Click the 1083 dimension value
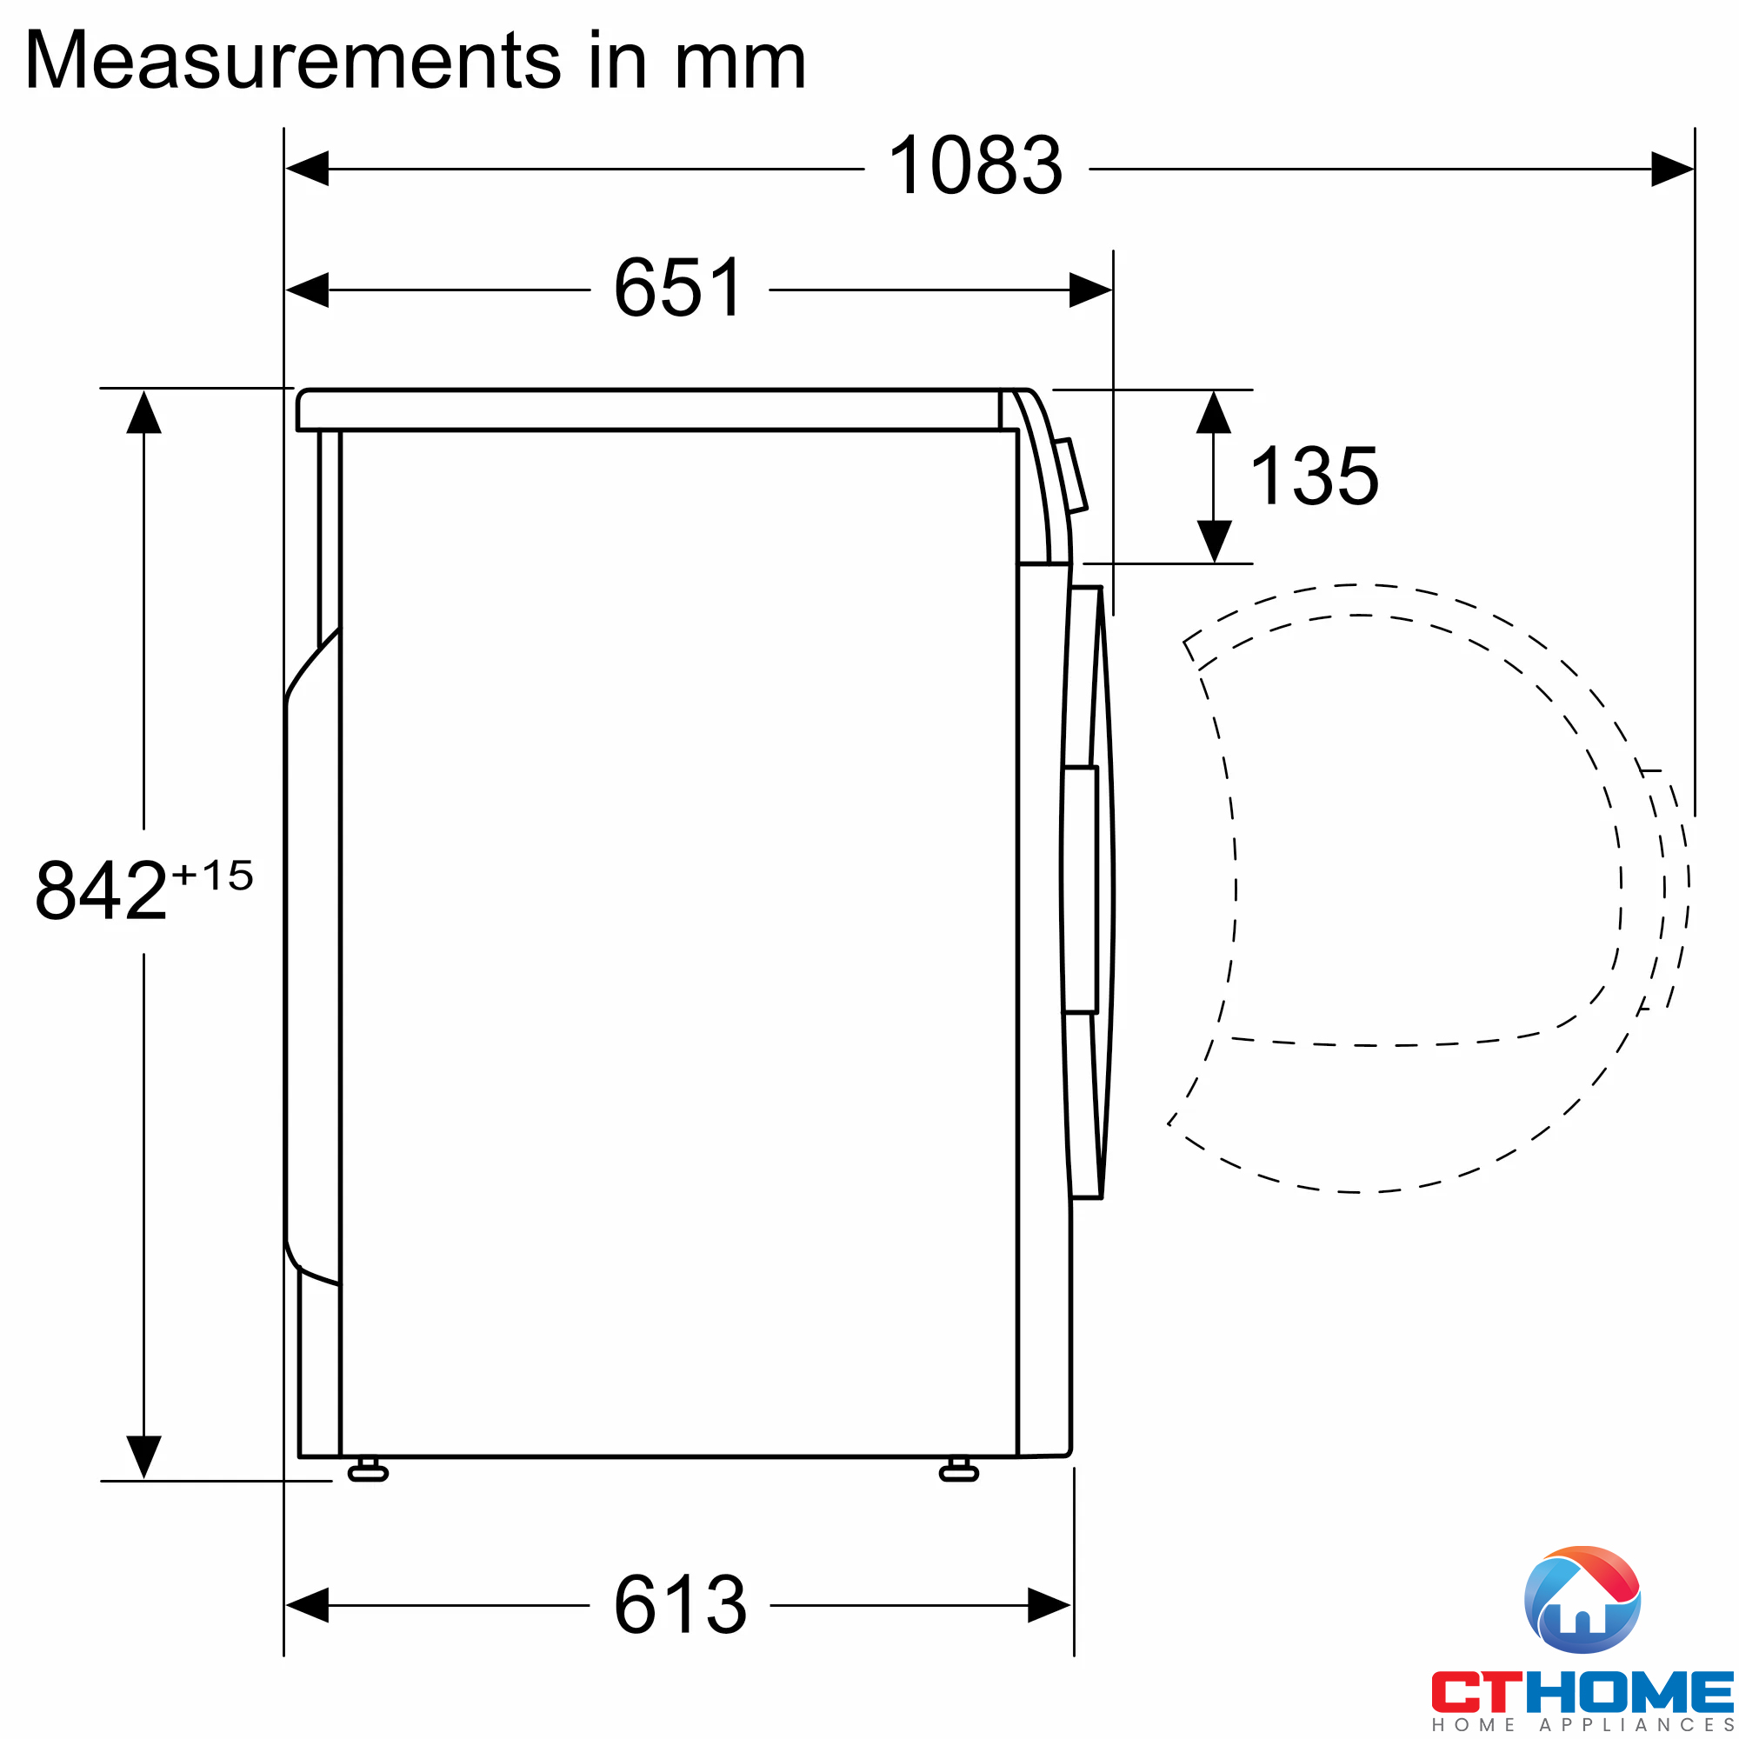pos(975,165)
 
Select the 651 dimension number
pos(680,288)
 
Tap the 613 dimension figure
pos(680,1605)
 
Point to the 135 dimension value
pos(1314,476)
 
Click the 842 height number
pos(101,891)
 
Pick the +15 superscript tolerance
pos(213,876)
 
